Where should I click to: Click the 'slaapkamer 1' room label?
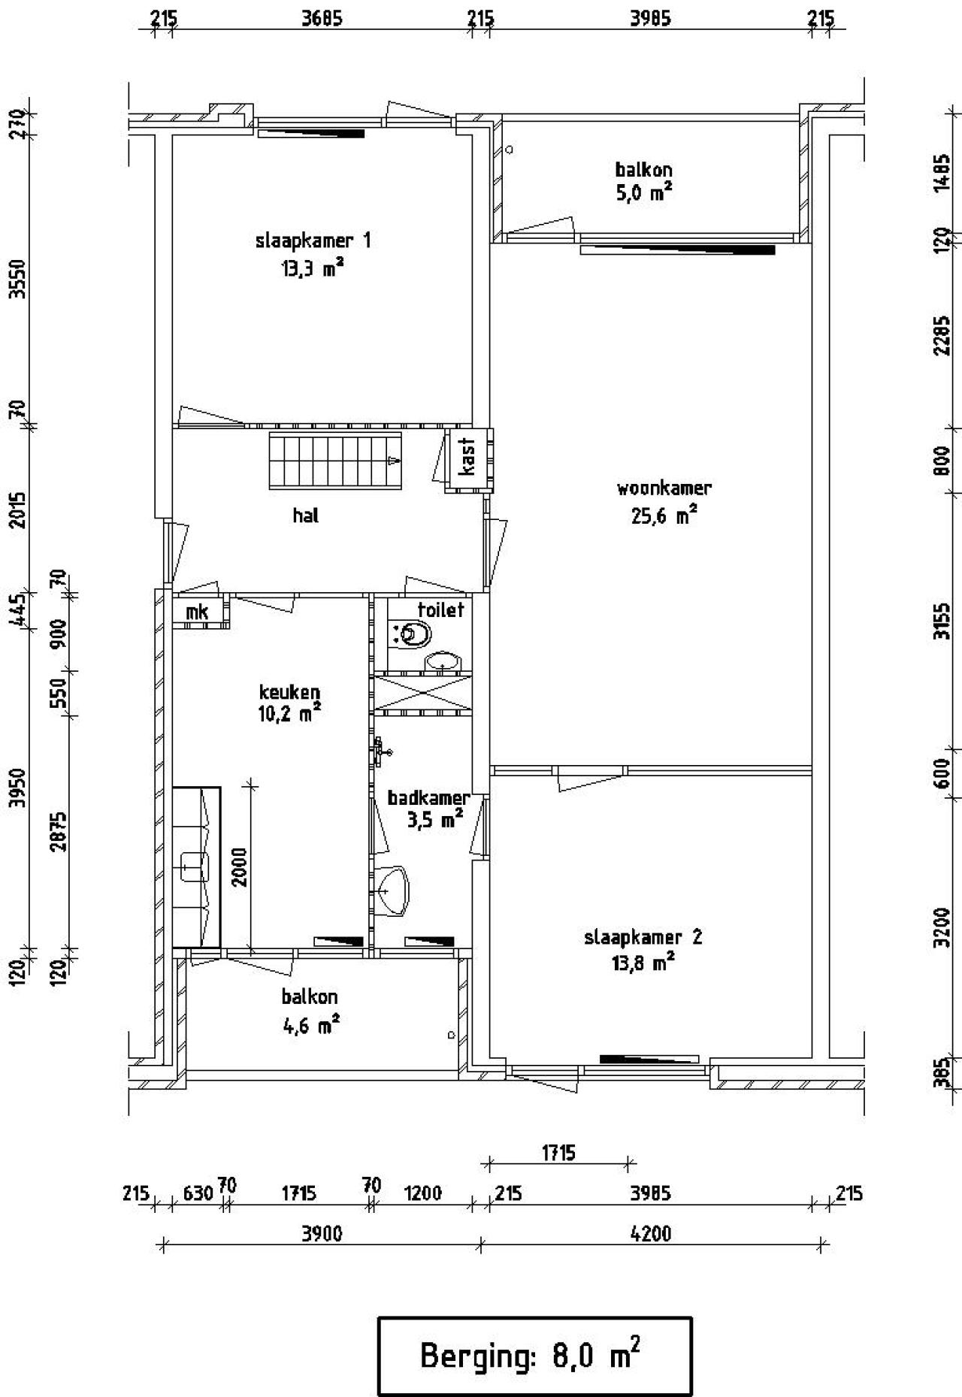click(x=313, y=241)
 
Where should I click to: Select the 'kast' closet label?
click(x=467, y=457)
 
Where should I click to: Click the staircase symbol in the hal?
click(x=336, y=460)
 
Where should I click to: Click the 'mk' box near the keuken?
click(x=197, y=612)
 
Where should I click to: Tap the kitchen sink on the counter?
click(x=194, y=866)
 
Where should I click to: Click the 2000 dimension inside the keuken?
click(x=240, y=868)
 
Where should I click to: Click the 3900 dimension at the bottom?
click(x=321, y=1233)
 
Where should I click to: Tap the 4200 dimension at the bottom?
click(x=650, y=1233)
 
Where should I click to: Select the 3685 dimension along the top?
click(x=321, y=19)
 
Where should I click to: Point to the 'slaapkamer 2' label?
click(x=643, y=937)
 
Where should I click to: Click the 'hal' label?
click(x=305, y=516)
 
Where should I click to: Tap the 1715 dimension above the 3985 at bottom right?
click(x=558, y=1153)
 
